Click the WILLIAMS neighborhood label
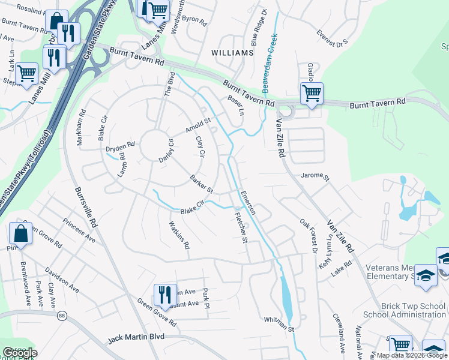tap(233, 53)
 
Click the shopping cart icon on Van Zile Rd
tap(312, 94)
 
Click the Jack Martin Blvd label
tap(136, 338)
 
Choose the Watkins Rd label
tap(179, 235)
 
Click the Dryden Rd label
tap(120, 147)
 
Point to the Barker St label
tap(202, 184)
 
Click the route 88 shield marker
tap(62, 316)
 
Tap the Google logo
tap(19, 353)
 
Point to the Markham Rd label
tap(79, 128)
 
